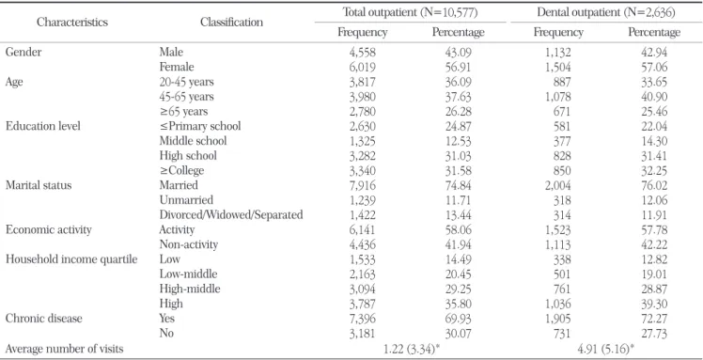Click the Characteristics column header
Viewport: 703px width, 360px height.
click(x=72, y=22)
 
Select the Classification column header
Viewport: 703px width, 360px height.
click(x=232, y=22)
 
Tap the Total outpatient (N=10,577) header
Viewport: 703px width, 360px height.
click(x=410, y=12)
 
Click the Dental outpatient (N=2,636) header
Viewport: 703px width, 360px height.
click(x=606, y=12)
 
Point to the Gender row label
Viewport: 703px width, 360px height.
click(x=23, y=52)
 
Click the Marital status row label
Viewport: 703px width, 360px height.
click(x=39, y=185)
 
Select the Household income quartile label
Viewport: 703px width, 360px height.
click(x=71, y=259)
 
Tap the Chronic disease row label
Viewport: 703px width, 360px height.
click(x=44, y=319)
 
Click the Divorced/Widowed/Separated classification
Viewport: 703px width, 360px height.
click(x=231, y=214)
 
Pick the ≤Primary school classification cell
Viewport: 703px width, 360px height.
click(x=200, y=126)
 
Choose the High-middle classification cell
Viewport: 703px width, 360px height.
click(x=190, y=290)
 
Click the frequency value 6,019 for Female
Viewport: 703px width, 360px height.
click(x=362, y=67)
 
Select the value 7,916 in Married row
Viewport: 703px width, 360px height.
click(x=362, y=185)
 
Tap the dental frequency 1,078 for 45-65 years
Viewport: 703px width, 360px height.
click(x=557, y=97)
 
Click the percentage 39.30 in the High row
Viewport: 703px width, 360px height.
click(x=654, y=304)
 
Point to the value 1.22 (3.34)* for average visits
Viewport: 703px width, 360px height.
click(x=410, y=349)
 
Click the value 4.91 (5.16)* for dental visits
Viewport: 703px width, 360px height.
click(x=606, y=349)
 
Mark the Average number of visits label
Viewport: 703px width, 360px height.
click(x=64, y=349)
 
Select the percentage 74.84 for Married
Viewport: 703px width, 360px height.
click(x=459, y=185)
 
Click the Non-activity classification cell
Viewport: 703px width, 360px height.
click(x=189, y=244)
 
